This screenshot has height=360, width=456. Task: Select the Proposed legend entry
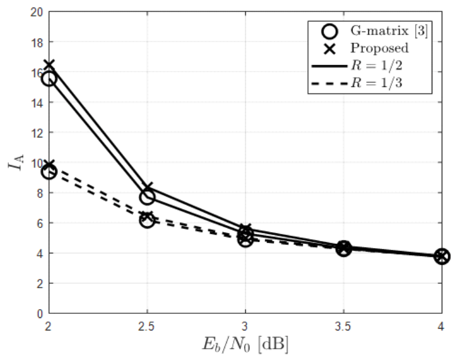click(367, 48)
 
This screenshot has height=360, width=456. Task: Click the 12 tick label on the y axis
click(37, 133)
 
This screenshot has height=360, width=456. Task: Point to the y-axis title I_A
click(14, 162)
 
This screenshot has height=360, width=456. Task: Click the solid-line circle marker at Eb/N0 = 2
click(49, 78)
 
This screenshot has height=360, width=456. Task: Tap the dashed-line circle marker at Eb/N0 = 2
click(49, 172)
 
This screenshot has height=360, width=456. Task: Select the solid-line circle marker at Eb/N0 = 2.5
click(147, 197)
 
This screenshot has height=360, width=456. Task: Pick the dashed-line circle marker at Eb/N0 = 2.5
click(147, 220)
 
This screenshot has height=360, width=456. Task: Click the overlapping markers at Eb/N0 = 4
click(441, 256)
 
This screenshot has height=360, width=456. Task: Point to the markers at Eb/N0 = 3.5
click(343, 249)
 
